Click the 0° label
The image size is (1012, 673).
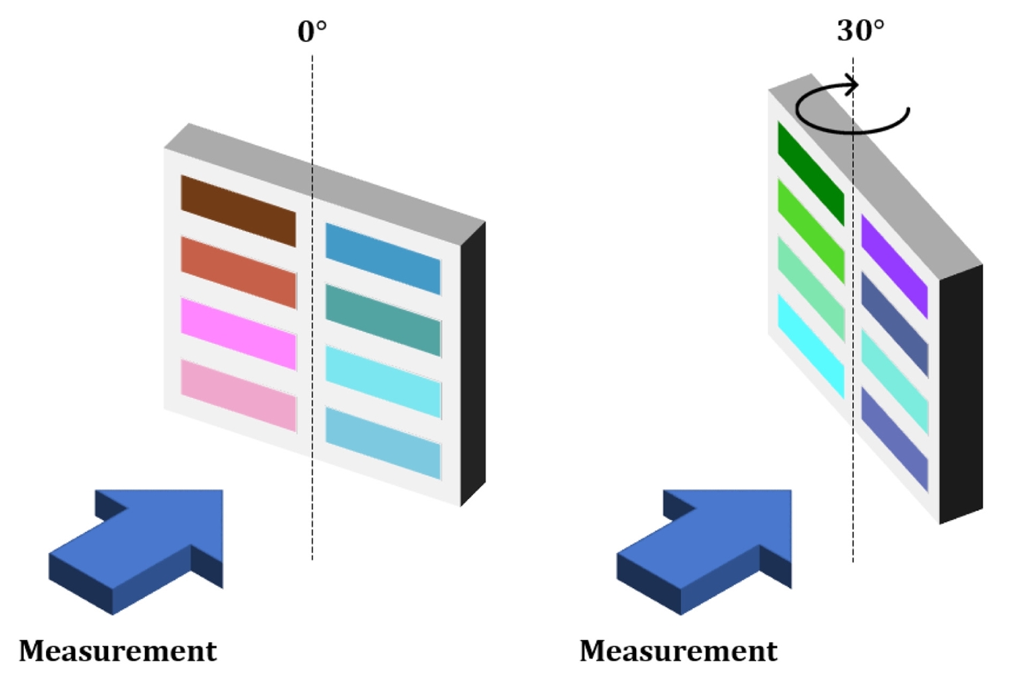pyautogui.click(x=312, y=31)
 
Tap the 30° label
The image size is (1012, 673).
pyautogui.click(x=860, y=30)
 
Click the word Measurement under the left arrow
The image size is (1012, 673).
pyautogui.click(x=118, y=651)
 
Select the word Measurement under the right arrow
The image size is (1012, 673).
pyautogui.click(x=679, y=651)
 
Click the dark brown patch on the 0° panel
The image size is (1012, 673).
pyautogui.click(x=238, y=210)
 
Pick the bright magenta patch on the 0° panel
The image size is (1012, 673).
pyautogui.click(x=238, y=333)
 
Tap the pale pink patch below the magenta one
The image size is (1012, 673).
pyautogui.click(x=238, y=394)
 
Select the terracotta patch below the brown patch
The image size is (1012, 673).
pyautogui.click(x=238, y=272)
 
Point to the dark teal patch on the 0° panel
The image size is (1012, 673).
pyautogui.click(x=383, y=320)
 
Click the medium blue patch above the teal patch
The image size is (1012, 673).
pyautogui.click(x=383, y=259)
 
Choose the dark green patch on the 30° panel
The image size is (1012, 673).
pyautogui.click(x=810, y=173)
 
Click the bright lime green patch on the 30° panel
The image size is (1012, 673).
pyautogui.click(x=810, y=231)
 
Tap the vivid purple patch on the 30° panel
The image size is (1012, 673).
pyautogui.click(x=894, y=266)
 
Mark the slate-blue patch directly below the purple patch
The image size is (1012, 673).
pyautogui.click(x=894, y=324)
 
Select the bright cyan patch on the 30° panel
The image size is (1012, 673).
pyautogui.click(x=810, y=345)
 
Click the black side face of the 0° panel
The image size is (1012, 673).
pyautogui.click(x=473, y=364)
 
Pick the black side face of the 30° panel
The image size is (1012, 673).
pyautogui.click(x=961, y=394)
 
